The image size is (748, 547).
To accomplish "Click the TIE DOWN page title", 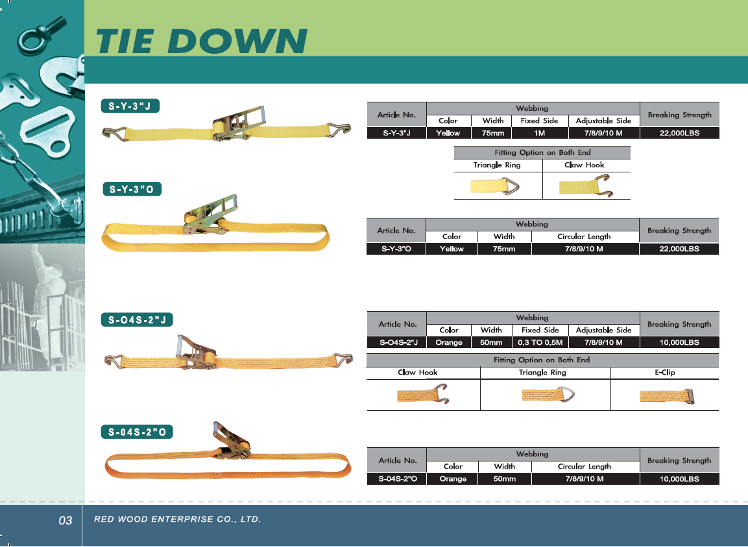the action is [201, 41].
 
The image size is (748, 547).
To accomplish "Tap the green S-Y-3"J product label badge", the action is [130, 106].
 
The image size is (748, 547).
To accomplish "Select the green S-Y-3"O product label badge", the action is [132, 189].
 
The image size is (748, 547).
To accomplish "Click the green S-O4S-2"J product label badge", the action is [137, 320].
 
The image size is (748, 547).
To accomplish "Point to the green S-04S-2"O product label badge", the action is [137, 432].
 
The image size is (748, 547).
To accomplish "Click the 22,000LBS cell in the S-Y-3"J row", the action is [679, 133].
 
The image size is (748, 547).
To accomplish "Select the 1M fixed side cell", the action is [540, 133].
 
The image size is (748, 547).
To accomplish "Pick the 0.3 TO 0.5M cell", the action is [540, 342].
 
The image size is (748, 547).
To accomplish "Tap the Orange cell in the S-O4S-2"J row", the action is [449, 342].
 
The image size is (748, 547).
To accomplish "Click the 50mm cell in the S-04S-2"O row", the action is [504, 478].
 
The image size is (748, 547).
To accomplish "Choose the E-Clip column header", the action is [664, 372].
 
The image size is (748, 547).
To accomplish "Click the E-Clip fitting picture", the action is [667, 396].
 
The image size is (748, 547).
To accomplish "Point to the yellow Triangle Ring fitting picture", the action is [495, 186].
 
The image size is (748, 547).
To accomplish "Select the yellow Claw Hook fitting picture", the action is [586, 186].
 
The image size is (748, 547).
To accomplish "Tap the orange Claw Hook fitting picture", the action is [423, 394].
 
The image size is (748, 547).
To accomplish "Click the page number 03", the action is [66, 520].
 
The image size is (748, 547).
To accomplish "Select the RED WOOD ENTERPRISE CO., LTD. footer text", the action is [178, 519].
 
